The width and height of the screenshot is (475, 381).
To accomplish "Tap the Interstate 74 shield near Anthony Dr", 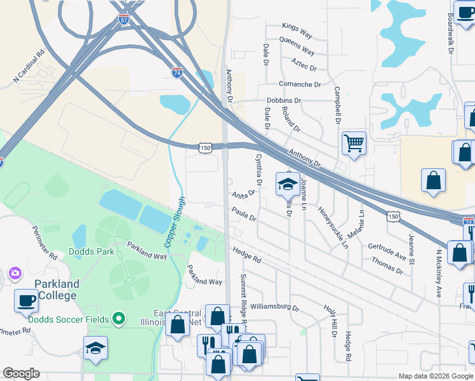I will point(177,73).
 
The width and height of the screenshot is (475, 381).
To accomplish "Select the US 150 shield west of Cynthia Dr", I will point(205,147).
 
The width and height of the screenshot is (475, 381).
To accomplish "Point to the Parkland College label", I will point(57,290).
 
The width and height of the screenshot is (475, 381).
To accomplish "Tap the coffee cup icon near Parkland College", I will point(27,300).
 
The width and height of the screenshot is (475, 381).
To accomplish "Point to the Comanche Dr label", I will point(300,84).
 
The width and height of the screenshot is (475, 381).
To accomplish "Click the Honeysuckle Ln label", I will point(333,227).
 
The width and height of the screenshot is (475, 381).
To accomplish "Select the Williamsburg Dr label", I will point(274,307).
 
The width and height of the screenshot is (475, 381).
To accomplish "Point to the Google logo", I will point(21,373).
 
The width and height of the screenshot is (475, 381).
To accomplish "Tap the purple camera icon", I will point(14,274).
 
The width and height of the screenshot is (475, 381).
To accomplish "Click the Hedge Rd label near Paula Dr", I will point(246,255).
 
